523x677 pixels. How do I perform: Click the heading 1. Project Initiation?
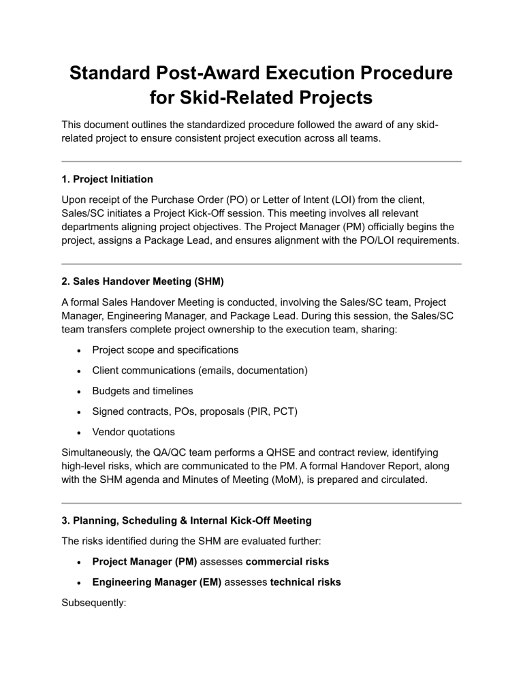107,180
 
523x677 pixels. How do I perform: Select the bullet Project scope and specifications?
165,350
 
